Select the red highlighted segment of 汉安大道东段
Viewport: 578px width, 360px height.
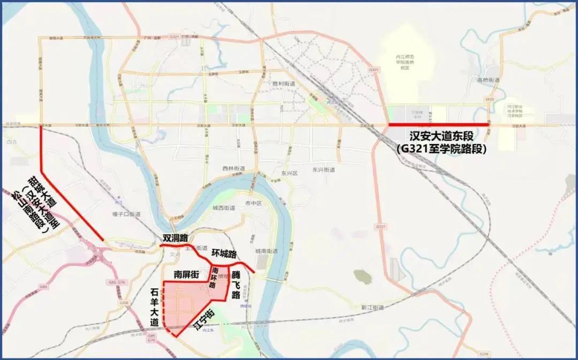click(x=438, y=125)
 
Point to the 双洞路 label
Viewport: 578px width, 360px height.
click(x=176, y=238)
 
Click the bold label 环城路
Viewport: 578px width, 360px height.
click(x=224, y=253)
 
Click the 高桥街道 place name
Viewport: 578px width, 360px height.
click(x=488, y=80)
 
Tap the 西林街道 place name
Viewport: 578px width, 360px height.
click(x=233, y=168)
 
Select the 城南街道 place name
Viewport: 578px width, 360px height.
click(x=266, y=251)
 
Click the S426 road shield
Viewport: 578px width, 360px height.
click(x=489, y=99)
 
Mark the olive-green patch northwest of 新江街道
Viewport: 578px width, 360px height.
click(x=362, y=276)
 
